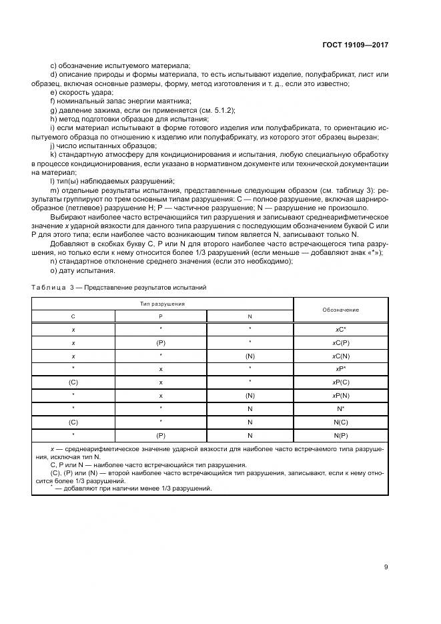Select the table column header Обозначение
[340, 310]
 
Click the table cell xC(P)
[340, 343]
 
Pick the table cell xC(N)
[340, 356]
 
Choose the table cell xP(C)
[340, 382]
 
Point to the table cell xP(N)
[340, 396]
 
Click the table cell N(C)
[340, 422]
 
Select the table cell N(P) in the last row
[340, 435]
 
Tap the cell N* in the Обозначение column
[340, 409]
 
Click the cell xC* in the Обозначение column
[340, 330]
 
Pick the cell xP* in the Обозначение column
[340, 369]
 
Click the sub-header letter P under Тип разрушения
[161, 316]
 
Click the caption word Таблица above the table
[46, 287]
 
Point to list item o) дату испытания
[83, 270]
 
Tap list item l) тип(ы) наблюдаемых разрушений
[112, 182]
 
